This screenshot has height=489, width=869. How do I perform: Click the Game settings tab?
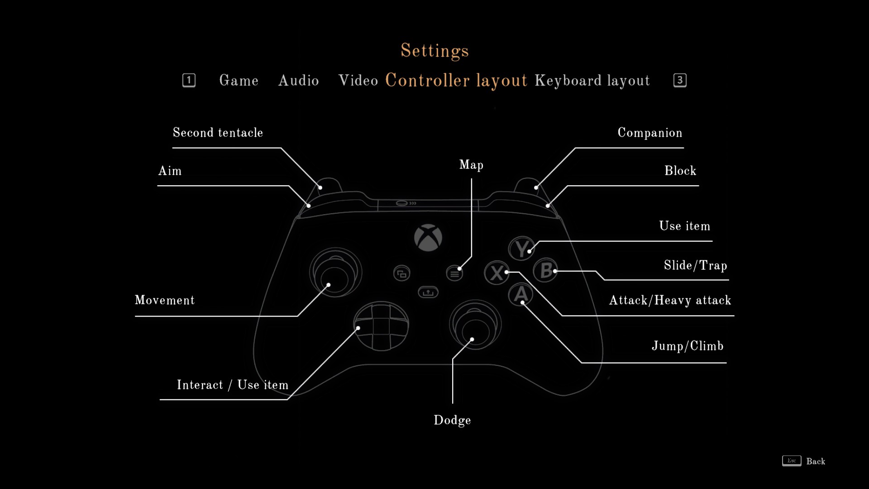[239, 81]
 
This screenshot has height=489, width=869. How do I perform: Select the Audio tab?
[299, 81]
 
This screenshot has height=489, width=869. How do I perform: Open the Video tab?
[358, 81]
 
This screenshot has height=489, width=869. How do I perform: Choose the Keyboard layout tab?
[592, 81]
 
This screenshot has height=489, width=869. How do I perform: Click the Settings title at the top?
[434, 51]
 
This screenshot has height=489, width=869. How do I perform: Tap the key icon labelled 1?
[189, 80]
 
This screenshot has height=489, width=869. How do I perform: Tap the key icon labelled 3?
[680, 80]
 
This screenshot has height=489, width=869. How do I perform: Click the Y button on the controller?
[522, 248]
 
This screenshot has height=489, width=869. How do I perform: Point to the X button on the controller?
[497, 273]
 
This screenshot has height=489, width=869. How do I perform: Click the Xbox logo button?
[428, 238]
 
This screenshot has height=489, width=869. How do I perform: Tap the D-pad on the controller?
[381, 326]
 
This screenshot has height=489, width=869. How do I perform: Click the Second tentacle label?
[218, 133]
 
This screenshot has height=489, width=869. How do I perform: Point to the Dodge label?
[452, 421]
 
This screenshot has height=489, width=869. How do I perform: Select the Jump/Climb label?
[688, 346]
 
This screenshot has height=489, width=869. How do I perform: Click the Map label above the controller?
[471, 165]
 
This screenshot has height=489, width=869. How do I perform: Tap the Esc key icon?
[792, 461]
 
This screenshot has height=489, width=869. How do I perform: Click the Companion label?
[650, 133]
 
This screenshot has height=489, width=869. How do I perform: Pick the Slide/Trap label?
[696, 265]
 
